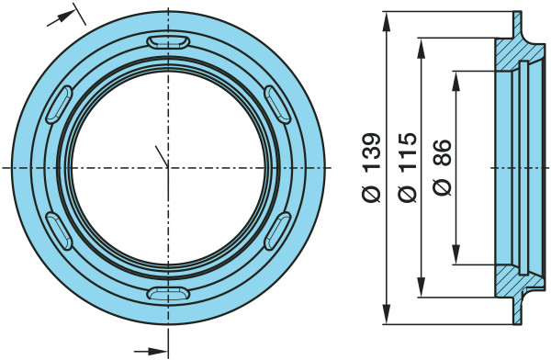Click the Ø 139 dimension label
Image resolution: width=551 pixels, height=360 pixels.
[x=372, y=168]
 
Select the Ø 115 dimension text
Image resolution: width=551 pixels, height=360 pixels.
[x=408, y=168]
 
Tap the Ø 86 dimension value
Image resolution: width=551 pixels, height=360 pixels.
[x=442, y=168]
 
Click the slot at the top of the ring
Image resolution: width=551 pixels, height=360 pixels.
[x=168, y=42]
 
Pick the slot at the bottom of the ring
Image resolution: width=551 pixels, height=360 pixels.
[x=168, y=293]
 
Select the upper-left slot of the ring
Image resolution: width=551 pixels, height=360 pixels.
[x=59, y=105]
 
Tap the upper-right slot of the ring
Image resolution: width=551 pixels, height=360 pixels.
[x=277, y=105]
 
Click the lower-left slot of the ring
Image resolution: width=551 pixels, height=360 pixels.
[x=59, y=231]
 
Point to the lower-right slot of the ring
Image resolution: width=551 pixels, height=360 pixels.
[x=277, y=231]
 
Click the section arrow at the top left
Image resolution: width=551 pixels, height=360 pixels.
[x=61, y=18]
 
